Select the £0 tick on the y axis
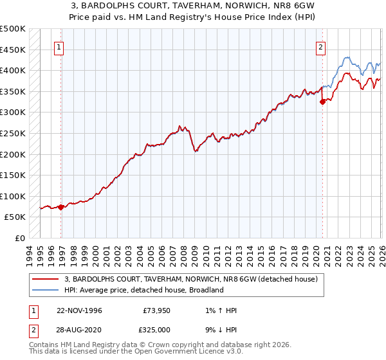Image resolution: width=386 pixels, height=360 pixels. (x=21, y=238)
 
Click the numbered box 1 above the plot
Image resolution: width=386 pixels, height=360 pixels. (x=59, y=47)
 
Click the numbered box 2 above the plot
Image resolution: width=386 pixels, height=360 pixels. (x=320, y=47)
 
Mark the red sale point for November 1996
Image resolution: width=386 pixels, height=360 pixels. (x=60, y=207)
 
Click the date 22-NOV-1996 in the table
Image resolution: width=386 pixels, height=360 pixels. (x=79, y=310)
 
